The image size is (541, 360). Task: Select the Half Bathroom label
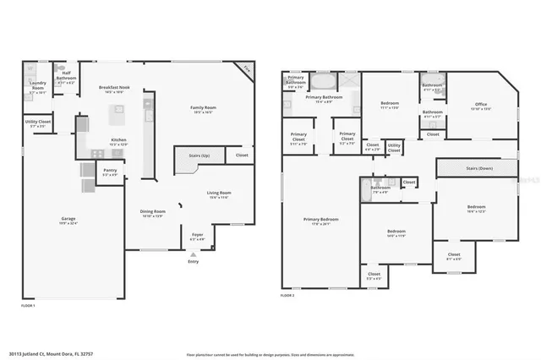[66, 79]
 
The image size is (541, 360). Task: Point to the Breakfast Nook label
[113, 88]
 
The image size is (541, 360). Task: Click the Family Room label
[203, 108]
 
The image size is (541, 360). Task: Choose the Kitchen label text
[119, 141]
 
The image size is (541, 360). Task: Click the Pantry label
[111, 172]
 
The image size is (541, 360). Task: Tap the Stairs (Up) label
[189, 156]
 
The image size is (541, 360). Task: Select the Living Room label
[220, 194]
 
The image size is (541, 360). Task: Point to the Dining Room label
[153, 213]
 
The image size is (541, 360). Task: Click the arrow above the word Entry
[194, 253]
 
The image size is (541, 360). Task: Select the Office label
[481, 106]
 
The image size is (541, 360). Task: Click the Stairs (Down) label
[479, 169]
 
